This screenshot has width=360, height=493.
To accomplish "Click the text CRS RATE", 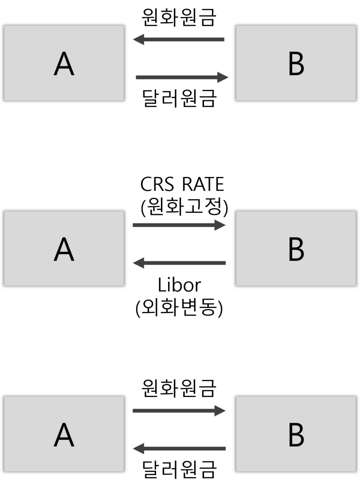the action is pyautogui.click(x=182, y=184).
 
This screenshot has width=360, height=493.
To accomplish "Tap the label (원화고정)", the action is pyautogui.click(x=185, y=207).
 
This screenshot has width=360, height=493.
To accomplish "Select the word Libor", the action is pyautogui.click(x=179, y=285).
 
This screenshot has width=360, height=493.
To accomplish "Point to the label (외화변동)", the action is pyautogui.click(x=179, y=307).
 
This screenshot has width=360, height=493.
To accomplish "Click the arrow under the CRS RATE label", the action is pyautogui.click(x=179, y=225).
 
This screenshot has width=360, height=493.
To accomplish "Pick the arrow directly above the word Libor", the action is pyautogui.click(x=179, y=263).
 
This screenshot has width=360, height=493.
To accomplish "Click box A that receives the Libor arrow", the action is pyautogui.click(x=64, y=248).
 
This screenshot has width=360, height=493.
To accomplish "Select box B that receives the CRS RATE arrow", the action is pyautogui.click(x=296, y=248).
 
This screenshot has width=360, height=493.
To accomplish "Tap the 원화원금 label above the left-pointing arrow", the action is pyautogui.click(x=179, y=17).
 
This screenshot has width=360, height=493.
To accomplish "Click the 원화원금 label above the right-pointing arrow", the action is pyautogui.click(x=179, y=388).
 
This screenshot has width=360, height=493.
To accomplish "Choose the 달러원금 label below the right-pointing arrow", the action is pyautogui.click(x=179, y=98).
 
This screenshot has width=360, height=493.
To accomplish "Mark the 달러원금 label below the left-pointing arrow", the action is pyautogui.click(x=179, y=469).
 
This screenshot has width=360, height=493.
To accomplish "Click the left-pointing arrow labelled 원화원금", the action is pyautogui.click(x=178, y=40).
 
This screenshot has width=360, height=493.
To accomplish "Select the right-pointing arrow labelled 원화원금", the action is pyautogui.click(x=179, y=411).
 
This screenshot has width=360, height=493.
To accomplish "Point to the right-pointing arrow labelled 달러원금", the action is pyautogui.click(x=182, y=78).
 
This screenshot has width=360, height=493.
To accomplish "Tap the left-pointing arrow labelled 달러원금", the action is pyautogui.click(x=179, y=448).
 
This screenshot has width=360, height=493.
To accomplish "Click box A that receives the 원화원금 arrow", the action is pyautogui.click(x=64, y=63).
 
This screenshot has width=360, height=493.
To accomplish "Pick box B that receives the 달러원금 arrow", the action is pyautogui.click(x=296, y=63).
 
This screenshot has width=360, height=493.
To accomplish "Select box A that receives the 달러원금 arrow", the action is pyautogui.click(x=64, y=434).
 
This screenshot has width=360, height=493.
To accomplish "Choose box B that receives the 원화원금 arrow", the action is pyautogui.click(x=296, y=434).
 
